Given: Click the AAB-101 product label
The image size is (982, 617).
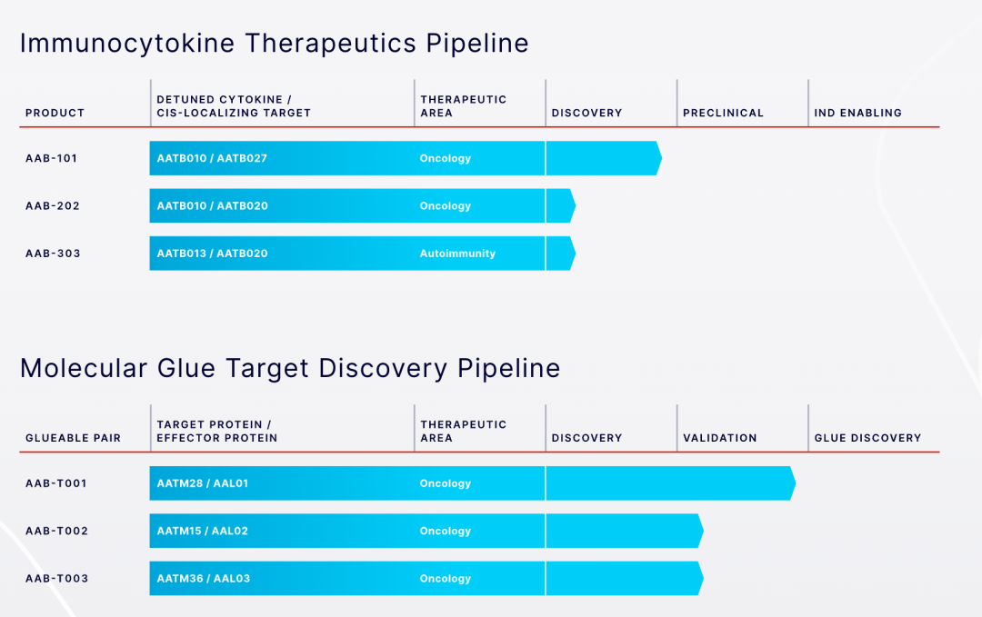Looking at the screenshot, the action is [x=51, y=158].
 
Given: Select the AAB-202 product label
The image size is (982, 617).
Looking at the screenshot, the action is [x=53, y=206].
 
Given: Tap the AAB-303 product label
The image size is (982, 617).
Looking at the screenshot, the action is [x=53, y=254].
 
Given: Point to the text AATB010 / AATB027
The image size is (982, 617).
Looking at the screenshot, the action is [x=212, y=158].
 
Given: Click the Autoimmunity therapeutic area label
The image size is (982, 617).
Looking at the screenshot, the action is [x=457, y=254].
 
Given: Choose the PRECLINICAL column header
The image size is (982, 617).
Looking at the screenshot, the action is [x=724, y=113].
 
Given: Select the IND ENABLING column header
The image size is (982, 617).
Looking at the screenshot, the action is [x=858, y=113].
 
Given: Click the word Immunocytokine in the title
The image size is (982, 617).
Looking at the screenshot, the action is [x=127, y=44].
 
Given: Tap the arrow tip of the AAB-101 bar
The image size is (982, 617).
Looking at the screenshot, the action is [x=661, y=158].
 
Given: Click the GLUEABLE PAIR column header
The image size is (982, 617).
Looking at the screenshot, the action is [x=73, y=438].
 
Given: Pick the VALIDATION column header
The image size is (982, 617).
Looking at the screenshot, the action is [x=719, y=438].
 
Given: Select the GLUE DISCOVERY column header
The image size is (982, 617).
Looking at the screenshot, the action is [x=867, y=438].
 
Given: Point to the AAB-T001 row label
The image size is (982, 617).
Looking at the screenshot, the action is [x=55, y=483].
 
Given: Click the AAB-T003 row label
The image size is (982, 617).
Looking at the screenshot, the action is [x=56, y=578].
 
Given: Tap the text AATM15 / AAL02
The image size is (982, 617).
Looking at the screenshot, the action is [x=202, y=531].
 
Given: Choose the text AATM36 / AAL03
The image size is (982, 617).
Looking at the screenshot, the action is [x=203, y=578].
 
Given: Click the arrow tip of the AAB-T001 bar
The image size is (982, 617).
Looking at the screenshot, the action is [x=796, y=483].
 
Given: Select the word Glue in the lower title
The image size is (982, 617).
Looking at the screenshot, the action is [x=186, y=368].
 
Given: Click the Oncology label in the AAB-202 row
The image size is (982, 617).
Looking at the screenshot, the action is [x=446, y=206].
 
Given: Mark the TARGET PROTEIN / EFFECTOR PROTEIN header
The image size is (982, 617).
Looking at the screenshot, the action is [x=216, y=431].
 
